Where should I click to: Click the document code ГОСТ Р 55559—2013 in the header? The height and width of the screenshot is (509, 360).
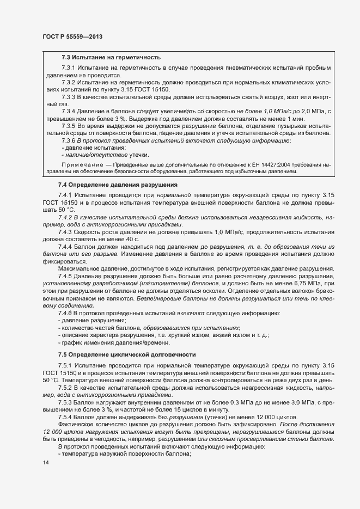[72, 36]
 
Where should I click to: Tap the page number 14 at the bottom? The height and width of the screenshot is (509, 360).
[45, 463]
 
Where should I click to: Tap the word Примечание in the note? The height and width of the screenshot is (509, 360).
[81, 163]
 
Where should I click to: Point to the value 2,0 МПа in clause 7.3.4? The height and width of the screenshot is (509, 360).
[313, 112]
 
